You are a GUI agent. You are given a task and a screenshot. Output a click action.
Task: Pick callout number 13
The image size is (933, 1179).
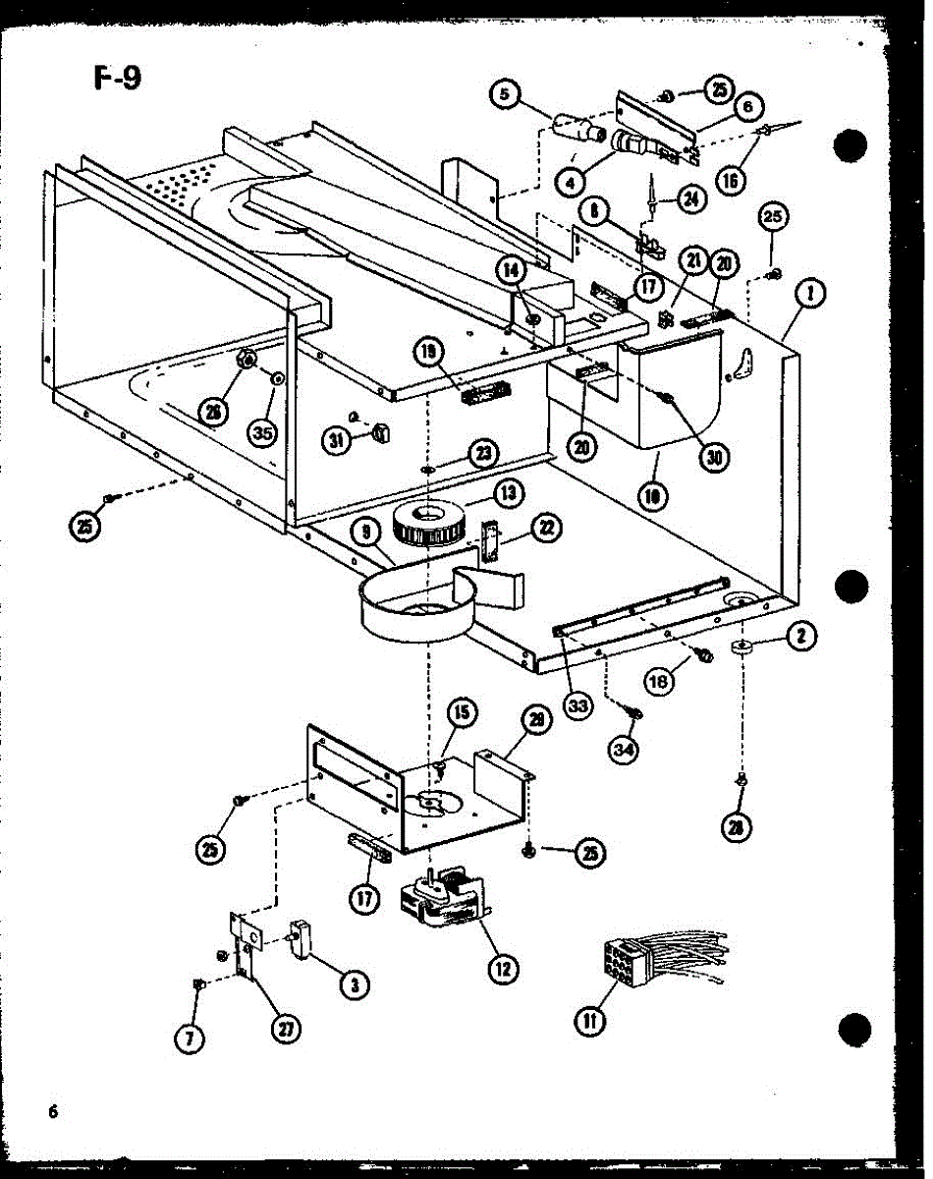(510, 492)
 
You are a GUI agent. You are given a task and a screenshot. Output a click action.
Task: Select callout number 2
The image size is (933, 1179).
(800, 637)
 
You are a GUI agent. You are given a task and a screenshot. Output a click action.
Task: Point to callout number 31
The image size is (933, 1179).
(340, 441)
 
